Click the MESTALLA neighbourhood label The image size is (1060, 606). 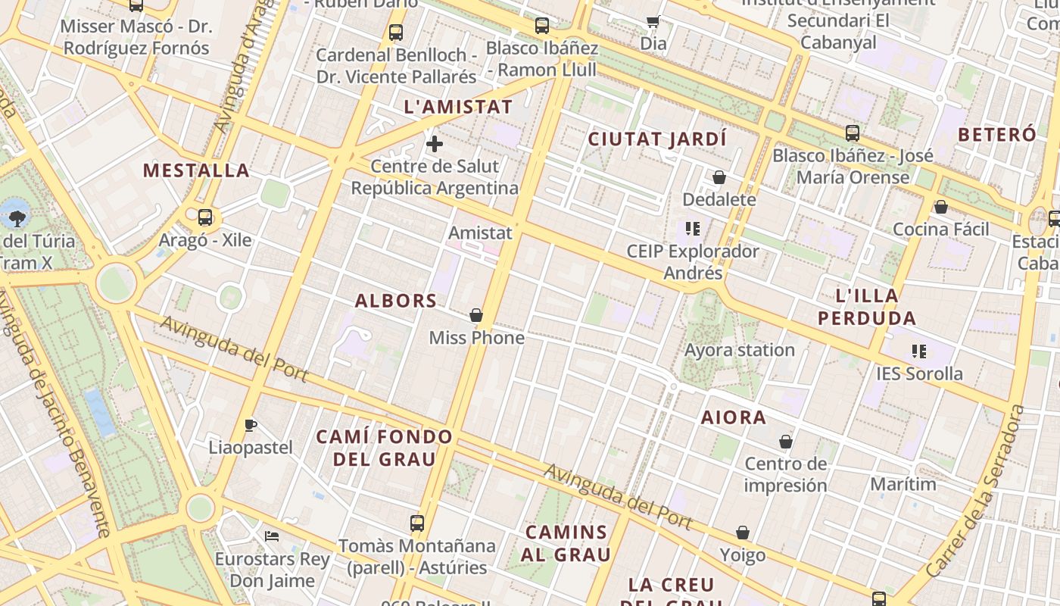point(196,170)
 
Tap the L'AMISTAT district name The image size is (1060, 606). point(459,107)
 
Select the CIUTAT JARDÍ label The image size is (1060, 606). point(657,139)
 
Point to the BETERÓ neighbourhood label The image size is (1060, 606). point(996,135)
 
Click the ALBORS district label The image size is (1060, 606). point(396,301)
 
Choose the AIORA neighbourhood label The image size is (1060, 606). point(733,417)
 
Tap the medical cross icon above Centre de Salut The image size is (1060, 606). point(435,144)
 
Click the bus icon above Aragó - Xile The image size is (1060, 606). point(205,217)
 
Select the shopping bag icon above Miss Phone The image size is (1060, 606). point(476,315)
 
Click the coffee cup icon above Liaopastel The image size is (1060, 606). point(251,425)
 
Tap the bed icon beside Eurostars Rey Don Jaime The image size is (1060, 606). point(272,536)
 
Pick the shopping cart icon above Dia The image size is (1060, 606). point(653,21)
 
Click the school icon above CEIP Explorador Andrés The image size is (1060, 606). point(692,228)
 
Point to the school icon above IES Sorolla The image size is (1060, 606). point(919,351)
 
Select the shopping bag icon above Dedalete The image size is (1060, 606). point(719,177)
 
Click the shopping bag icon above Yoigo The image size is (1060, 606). point(743,533)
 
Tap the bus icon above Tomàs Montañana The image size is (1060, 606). point(417,523)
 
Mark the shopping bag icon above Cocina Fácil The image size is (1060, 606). point(941,207)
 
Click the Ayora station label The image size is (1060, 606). point(739,350)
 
